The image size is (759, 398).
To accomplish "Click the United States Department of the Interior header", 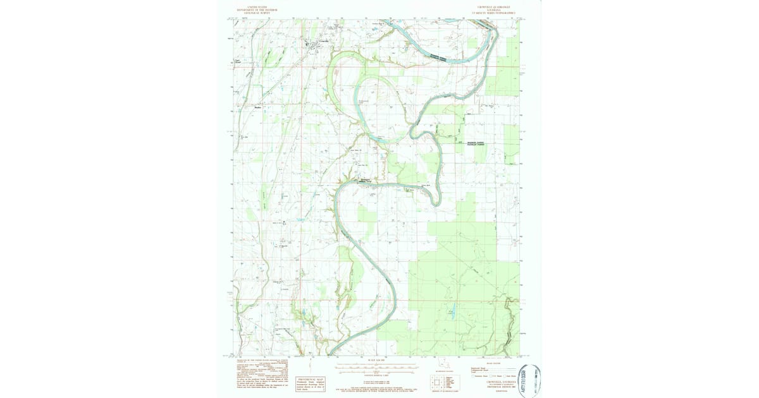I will point(257,9).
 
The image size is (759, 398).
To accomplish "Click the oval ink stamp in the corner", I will point(529,380).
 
